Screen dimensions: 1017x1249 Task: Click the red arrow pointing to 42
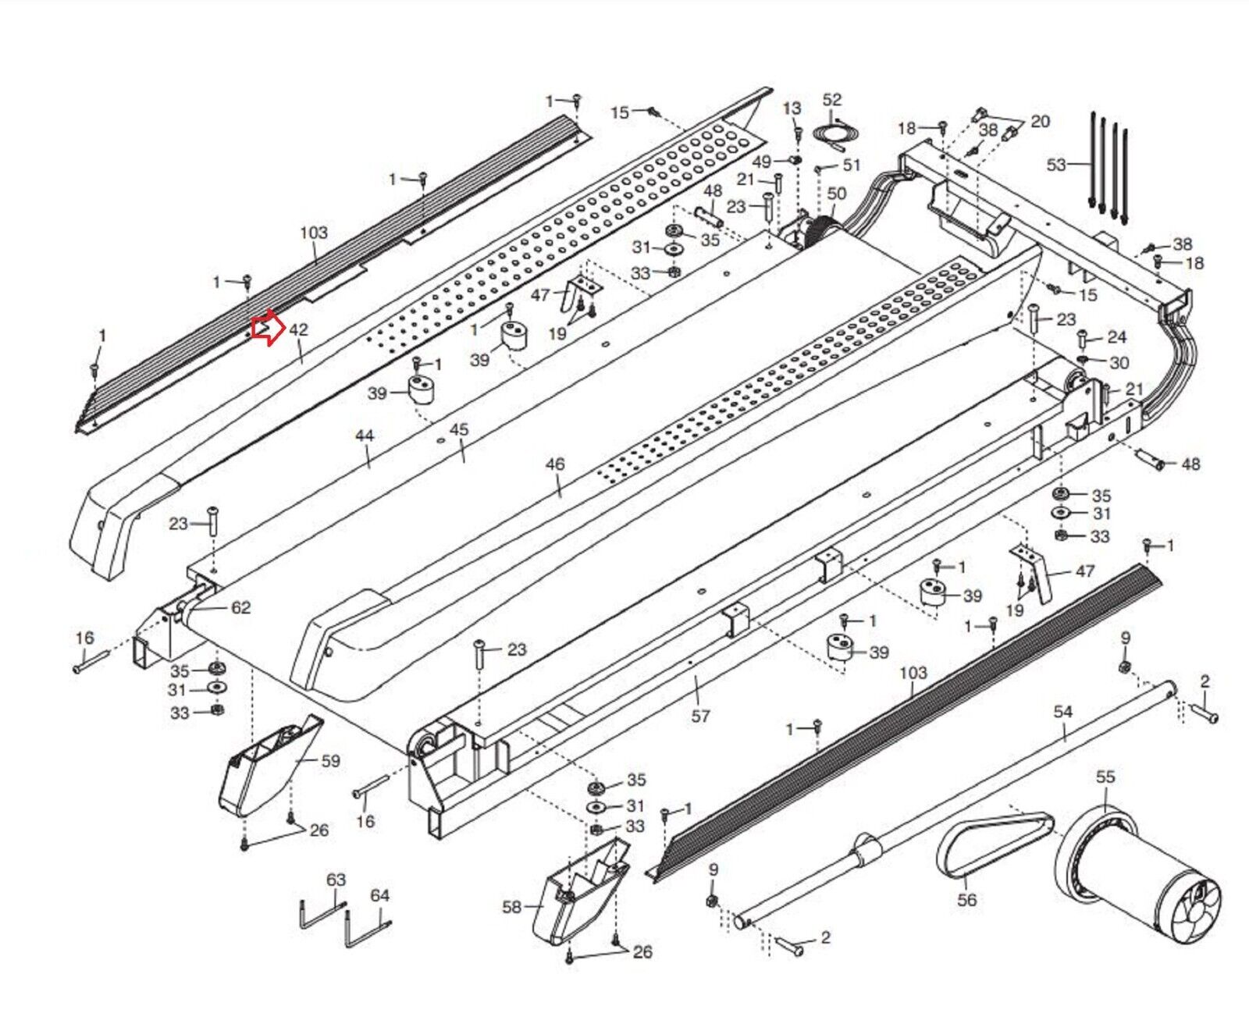[265, 328]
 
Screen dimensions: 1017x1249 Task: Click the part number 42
[298, 330]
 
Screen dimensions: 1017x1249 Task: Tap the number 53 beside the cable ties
[1056, 165]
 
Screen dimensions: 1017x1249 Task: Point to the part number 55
[1105, 777]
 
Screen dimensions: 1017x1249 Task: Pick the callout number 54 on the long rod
[1063, 712]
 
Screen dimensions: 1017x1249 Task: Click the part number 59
[331, 760]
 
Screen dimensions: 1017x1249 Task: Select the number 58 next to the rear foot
[511, 906]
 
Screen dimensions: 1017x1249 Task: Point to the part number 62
[240, 607]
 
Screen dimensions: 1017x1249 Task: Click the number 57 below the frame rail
[700, 716]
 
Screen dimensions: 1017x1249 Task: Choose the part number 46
[554, 464]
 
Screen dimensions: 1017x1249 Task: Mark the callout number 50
[836, 194]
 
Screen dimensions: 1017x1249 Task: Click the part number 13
[792, 108]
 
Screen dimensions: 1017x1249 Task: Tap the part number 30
[1119, 363]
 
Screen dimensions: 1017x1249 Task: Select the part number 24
[1117, 337]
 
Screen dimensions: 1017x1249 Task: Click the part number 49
[762, 162]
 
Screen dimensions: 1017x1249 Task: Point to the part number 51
[851, 165]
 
